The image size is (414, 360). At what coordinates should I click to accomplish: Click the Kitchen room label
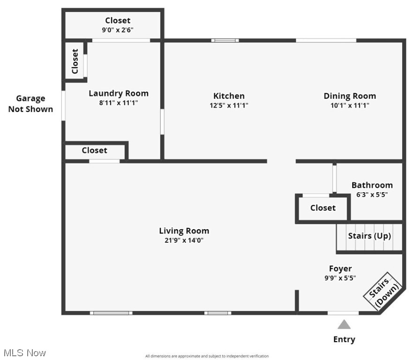(229, 96)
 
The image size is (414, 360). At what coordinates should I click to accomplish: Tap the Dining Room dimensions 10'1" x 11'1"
(350, 106)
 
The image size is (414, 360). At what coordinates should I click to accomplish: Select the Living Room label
(184, 231)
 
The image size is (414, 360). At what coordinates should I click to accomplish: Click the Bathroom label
(372, 185)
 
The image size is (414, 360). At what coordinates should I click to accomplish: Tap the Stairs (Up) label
(369, 236)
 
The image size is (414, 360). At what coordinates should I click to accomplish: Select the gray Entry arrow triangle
(344, 324)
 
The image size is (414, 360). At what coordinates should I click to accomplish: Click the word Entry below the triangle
(344, 339)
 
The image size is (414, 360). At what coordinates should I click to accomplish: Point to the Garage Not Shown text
(30, 104)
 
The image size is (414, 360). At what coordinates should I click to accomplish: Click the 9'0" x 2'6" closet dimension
(118, 30)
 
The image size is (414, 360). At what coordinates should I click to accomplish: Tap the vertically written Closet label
(75, 61)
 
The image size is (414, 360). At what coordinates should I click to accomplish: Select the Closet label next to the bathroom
(323, 208)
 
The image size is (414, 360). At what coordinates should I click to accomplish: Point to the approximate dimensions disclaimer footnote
(207, 356)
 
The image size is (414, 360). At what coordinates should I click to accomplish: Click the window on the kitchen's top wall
(225, 40)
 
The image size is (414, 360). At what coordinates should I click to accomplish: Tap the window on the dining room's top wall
(326, 40)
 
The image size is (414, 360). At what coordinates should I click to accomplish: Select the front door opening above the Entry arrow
(343, 313)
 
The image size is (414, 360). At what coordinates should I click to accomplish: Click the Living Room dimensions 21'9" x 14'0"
(184, 240)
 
